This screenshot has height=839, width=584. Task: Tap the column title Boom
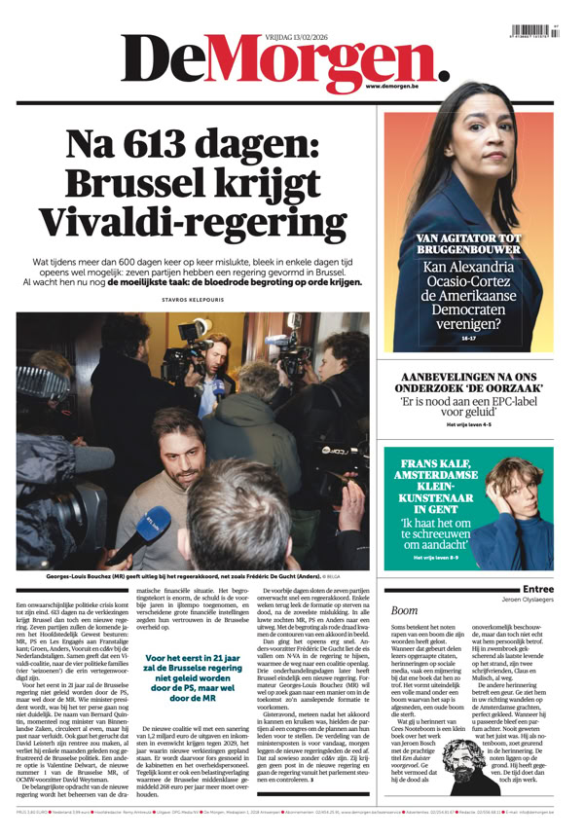(x=403, y=610)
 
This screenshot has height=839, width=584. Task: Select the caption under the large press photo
(x=193, y=576)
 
